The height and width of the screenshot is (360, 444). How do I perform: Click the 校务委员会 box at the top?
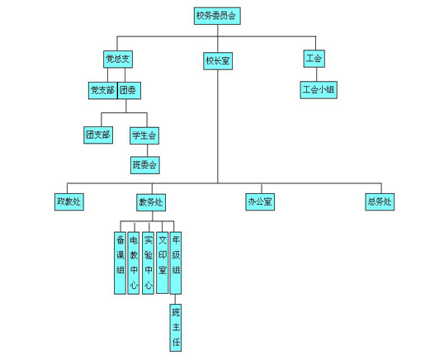[x=217, y=16]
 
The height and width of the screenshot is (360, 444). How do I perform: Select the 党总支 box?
[x=118, y=59]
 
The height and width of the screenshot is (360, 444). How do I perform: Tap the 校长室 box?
[x=218, y=61]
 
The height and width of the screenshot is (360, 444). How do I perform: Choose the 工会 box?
[x=314, y=59]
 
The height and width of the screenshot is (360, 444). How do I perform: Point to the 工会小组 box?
[x=319, y=90]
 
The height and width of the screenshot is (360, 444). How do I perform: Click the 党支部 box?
[x=103, y=91]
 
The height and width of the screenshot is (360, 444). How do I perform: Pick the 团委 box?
[x=129, y=91]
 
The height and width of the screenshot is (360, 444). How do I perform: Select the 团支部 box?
[x=98, y=135]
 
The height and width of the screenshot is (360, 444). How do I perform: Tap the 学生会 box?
[x=144, y=135]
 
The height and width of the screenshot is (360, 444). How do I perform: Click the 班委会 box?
[x=145, y=165]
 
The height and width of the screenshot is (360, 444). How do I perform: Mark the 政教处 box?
[x=69, y=202]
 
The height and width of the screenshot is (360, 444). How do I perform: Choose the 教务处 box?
[x=151, y=202]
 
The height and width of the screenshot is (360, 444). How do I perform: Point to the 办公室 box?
[x=260, y=202]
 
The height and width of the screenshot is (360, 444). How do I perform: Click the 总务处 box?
[x=380, y=202]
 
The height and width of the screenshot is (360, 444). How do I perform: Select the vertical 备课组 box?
[x=120, y=263]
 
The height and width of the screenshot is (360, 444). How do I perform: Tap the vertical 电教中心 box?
[x=134, y=263]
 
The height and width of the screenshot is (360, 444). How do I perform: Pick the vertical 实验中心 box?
[x=148, y=263]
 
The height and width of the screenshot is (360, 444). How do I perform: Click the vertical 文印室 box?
[x=163, y=263]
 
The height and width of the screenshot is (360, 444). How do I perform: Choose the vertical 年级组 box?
[x=176, y=263]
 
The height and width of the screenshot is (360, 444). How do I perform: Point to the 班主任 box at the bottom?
[x=176, y=328]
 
